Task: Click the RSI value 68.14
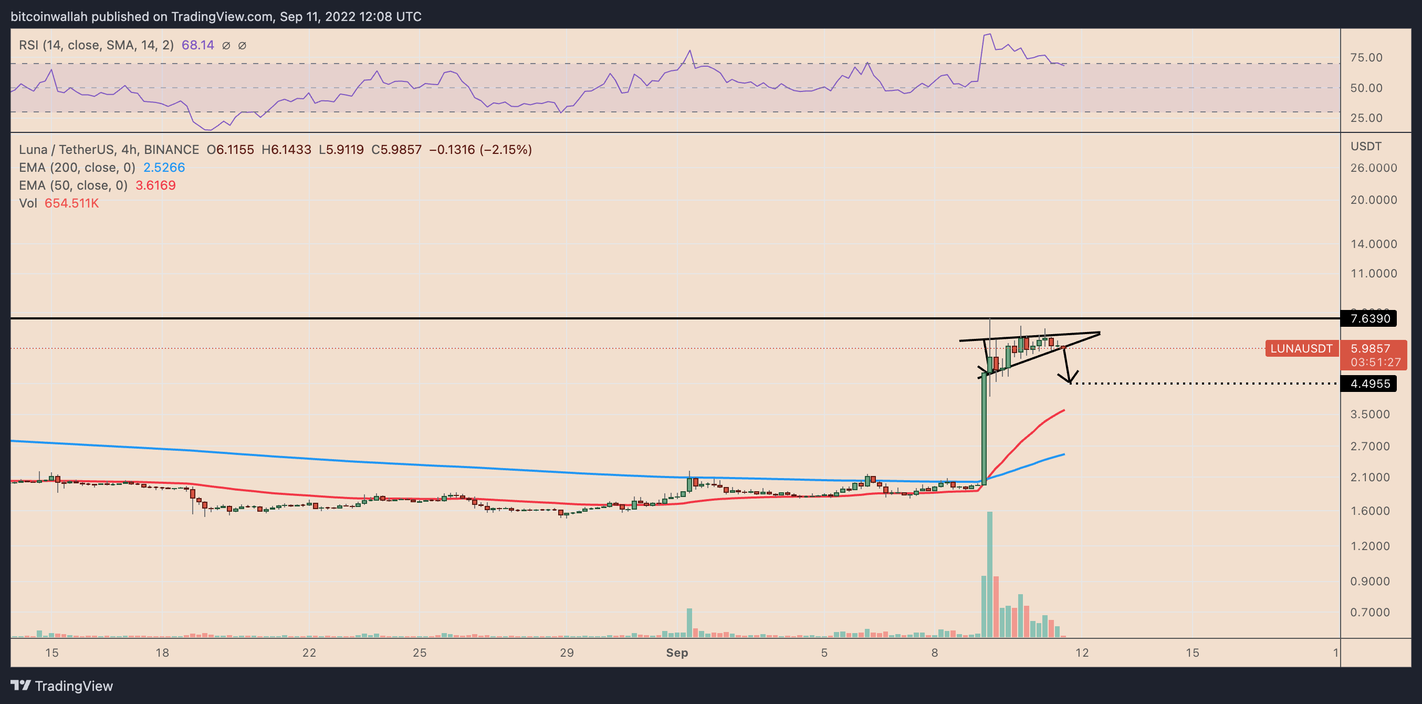[197, 45]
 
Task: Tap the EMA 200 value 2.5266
[164, 167]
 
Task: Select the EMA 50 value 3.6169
[155, 185]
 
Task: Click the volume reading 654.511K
[72, 203]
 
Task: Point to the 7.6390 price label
[1369, 318]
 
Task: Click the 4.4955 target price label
[1369, 384]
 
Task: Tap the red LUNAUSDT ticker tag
[1301, 348]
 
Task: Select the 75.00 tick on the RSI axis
[1366, 57]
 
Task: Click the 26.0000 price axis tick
[1373, 168]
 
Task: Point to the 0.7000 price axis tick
[1369, 613]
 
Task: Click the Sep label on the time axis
[677, 653]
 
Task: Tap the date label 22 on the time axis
[309, 653]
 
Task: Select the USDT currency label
[1366, 147]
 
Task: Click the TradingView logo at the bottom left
[62, 686]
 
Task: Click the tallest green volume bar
[990, 574]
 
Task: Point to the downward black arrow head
[1069, 379]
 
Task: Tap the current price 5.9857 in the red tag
[1369, 348]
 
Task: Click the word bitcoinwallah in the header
[49, 17]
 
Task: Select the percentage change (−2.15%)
[506, 150]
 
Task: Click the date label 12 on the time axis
[1082, 653]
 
